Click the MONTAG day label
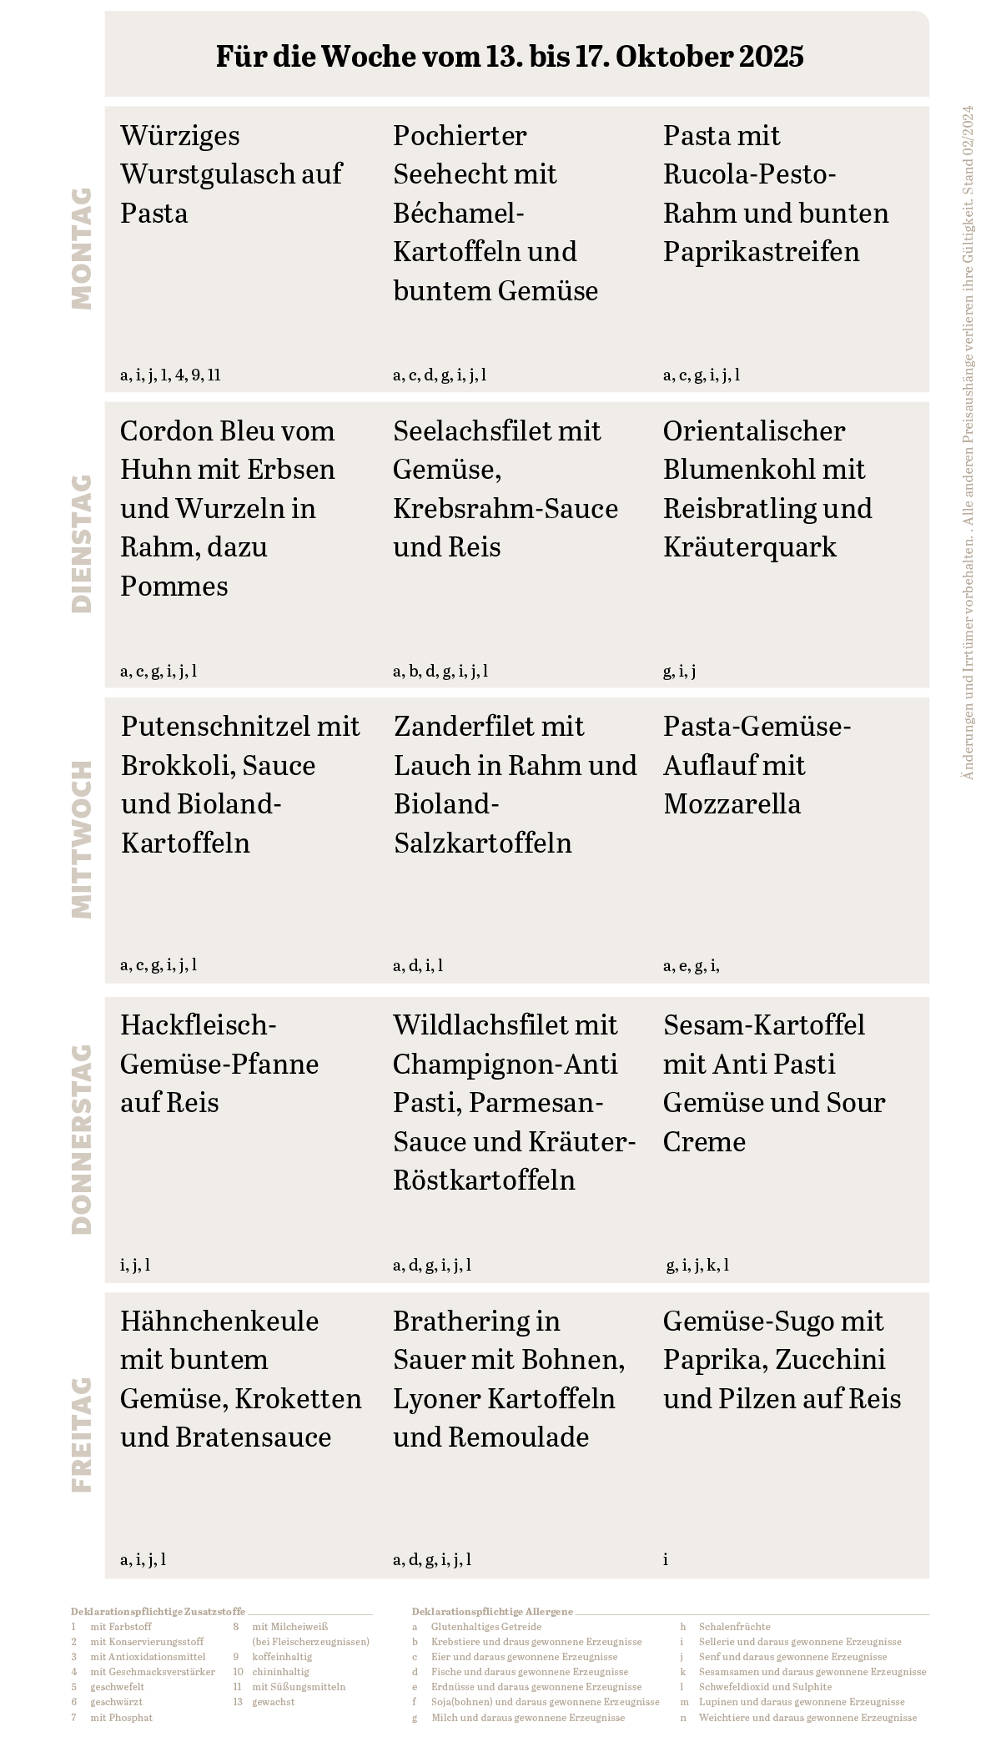click(82, 249)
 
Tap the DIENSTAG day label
click(82, 544)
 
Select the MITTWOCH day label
click(82, 839)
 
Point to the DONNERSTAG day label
click(82, 1139)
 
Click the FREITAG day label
click(82, 1434)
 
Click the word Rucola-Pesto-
click(749, 174)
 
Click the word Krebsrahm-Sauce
click(506, 509)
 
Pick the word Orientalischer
click(754, 431)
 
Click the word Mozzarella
click(732, 804)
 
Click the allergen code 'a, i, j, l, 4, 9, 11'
click(170, 375)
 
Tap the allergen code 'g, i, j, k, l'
click(697, 1265)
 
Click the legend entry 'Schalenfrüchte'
click(734, 1627)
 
